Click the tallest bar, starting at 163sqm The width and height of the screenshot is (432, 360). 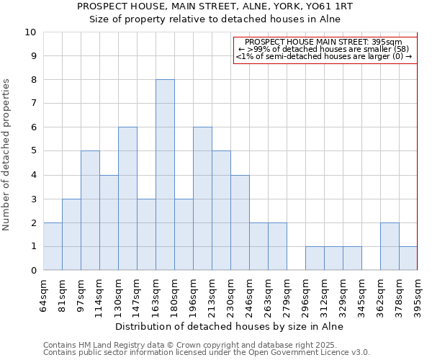click(165, 175)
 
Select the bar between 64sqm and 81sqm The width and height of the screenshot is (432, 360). click(53, 246)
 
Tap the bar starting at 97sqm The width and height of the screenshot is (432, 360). click(90, 210)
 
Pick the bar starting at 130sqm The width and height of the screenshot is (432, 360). click(127, 199)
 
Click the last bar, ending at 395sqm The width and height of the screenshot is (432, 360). click(408, 258)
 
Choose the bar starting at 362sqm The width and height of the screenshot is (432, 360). click(390, 246)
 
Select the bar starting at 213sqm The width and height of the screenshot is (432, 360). click(221, 210)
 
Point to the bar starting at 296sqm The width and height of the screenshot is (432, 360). click(315, 258)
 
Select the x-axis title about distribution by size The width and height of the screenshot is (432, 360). click(230, 326)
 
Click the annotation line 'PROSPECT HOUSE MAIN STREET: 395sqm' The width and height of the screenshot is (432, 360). click(325, 42)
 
